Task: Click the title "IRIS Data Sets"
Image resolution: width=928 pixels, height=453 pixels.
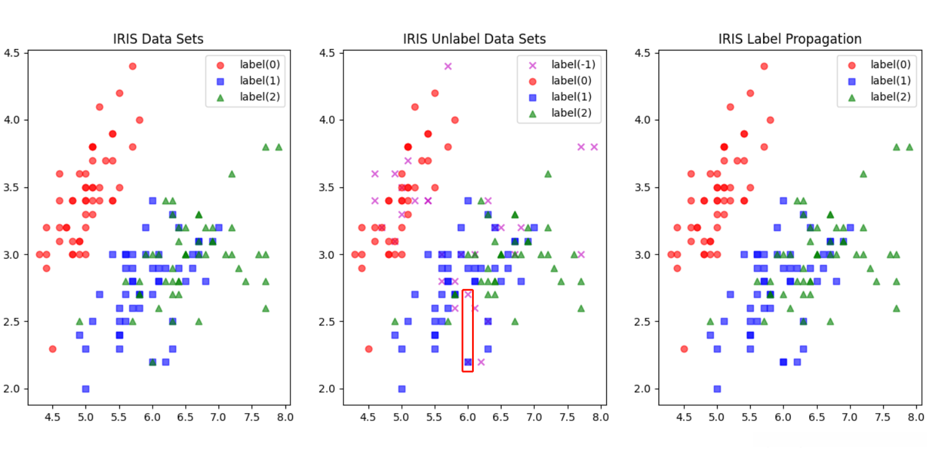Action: coord(158,39)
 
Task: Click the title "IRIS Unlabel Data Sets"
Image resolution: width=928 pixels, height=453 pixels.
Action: coord(474,39)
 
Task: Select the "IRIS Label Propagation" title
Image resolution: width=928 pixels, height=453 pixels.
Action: coord(790,39)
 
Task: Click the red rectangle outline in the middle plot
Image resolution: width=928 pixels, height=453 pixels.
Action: coord(468,331)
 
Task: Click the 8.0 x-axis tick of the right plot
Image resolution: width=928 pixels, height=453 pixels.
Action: coord(916,417)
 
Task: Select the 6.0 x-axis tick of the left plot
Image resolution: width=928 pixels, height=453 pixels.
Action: coord(152,417)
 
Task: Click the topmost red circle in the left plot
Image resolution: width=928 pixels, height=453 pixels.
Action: coord(132,66)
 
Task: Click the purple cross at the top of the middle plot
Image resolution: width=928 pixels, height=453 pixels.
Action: coord(448,66)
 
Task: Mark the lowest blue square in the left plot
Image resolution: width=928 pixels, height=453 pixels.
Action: coord(86,388)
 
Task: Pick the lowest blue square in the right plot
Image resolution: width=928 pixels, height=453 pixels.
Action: coord(717,388)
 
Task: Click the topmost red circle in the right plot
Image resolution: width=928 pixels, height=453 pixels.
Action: coord(764,66)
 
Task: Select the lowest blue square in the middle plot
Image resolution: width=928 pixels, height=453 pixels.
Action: coord(402,388)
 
